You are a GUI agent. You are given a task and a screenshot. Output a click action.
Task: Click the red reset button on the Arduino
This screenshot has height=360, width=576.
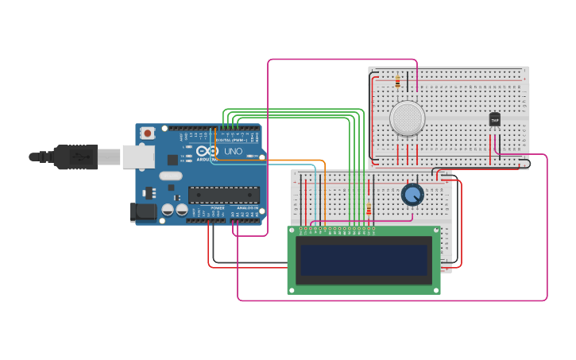tap(147, 134)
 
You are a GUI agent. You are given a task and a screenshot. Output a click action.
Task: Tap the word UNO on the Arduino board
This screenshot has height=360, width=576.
tap(234, 151)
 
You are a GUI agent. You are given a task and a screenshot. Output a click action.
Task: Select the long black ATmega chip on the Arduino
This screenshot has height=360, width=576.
tap(224, 195)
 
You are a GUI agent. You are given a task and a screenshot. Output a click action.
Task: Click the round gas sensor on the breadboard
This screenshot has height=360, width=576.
tap(407, 118)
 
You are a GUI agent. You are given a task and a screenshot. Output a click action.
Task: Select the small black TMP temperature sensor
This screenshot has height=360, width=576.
tap(494, 119)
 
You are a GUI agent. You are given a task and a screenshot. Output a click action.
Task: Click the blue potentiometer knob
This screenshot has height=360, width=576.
tap(412, 194)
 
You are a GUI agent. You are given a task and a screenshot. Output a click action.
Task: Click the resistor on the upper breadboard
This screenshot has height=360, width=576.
tap(397, 81)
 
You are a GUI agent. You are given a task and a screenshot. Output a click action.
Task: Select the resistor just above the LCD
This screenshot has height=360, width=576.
tap(369, 209)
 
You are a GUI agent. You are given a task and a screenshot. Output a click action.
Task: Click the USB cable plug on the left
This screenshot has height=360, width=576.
tap(76, 157)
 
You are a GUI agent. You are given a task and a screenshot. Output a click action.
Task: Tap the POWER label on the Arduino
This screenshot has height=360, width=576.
tap(218, 208)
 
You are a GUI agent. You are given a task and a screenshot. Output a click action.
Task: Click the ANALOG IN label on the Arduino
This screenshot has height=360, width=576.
tap(248, 208)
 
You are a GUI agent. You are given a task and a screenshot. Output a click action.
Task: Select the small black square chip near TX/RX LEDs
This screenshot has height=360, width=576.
tap(172, 159)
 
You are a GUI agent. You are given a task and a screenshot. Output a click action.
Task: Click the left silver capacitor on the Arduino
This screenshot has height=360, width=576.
tap(168, 210)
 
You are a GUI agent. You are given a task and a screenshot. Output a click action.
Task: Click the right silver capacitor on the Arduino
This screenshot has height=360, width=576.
tap(181, 210)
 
